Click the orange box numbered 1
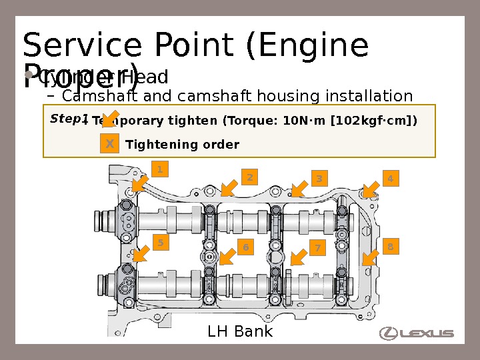[159, 169]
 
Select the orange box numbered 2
[249, 177]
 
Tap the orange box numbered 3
[319, 179]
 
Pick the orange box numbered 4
[390, 179]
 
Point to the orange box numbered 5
[159, 243]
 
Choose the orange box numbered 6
[245, 248]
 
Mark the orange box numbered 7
[318, 249]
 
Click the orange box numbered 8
[390, 247]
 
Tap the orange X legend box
[110, 144]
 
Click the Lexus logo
[417, 333]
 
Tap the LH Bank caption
[240, 331]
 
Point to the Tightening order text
[182, 145]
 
